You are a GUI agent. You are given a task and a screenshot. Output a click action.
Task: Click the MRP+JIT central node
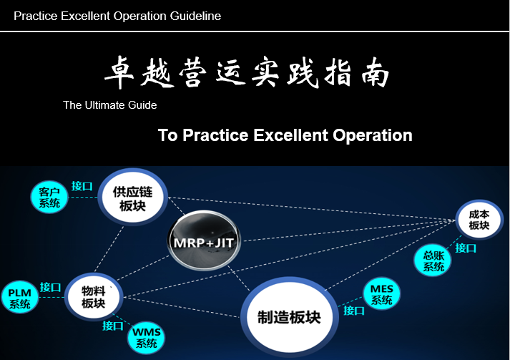click(204, 240)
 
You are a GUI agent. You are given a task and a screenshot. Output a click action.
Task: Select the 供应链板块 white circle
click(133, 197)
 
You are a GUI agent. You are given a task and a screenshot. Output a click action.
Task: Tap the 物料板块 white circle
click(94, 296)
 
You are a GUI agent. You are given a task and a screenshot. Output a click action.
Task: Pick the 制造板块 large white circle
click(290, 317)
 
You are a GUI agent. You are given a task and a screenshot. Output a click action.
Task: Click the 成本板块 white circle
click(479, 220)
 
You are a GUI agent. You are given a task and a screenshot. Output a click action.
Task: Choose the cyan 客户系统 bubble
click(49, 198)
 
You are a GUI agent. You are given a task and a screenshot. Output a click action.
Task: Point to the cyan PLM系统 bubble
click(20, 298)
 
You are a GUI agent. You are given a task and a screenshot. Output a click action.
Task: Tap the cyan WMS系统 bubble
click(147, 337)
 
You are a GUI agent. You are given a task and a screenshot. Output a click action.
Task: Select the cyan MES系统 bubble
click(382, 294)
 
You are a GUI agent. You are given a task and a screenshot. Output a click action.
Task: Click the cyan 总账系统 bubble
click(433, 261)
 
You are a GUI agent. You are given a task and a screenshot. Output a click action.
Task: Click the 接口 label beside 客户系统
click(82, 186)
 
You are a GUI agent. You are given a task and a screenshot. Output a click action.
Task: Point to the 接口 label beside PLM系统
click(50, 287)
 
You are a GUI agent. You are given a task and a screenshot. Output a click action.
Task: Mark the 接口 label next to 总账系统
click(466, 248)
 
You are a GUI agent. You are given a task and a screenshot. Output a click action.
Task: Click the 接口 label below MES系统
click(354, 311)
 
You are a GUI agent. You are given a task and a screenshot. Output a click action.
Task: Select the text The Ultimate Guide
click(110, 105)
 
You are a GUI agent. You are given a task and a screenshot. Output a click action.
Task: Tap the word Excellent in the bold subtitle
click(290, 135)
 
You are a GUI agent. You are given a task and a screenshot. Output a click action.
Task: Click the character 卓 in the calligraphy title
click(119, 72)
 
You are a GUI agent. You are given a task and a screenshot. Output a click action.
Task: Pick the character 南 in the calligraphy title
click(376, 72)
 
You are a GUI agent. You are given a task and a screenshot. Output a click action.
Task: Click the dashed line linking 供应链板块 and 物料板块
click(109, 248)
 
